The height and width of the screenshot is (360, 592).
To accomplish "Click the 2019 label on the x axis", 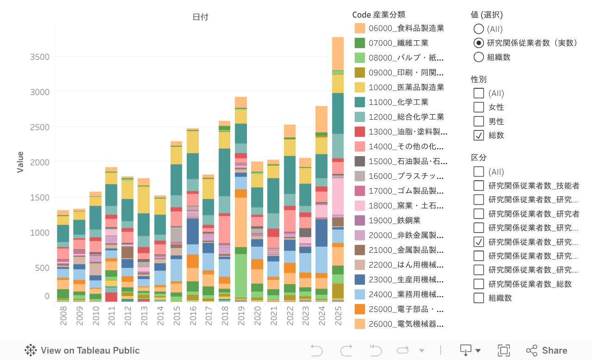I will (240, 315).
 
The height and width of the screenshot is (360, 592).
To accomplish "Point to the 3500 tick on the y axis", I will (39, 57).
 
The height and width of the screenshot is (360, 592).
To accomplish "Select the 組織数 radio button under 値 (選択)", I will (479, 57).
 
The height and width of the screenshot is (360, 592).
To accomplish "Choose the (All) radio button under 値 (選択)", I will (479, 29).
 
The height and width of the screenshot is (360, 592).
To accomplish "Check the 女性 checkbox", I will (479, 107).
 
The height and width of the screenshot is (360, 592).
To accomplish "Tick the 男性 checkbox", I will (479, 122).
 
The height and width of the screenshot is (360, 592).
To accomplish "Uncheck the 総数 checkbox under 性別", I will (479, 135).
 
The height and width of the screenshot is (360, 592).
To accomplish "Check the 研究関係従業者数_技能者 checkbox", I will (479, 186).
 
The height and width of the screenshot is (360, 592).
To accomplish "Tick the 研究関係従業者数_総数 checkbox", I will (479, 284).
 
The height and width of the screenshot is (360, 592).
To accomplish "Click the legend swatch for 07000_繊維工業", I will (359, 43).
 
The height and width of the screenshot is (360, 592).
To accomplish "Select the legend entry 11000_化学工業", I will (399, 102).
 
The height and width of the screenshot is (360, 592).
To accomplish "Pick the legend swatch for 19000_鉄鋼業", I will (359, 220).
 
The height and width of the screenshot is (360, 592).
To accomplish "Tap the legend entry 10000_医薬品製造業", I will (406, 87).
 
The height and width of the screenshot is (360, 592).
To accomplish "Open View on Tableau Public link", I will (82, 350).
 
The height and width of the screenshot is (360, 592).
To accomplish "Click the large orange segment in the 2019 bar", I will (240, 222).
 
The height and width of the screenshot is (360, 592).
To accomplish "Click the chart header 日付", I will (200, 17).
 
